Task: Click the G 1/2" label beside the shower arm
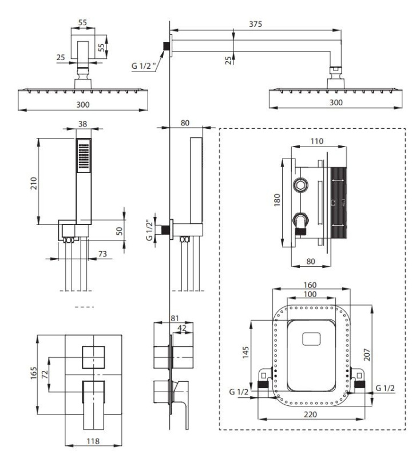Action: click(x=142, y=66)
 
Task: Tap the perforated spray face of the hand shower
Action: click(x=84, y=155)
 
